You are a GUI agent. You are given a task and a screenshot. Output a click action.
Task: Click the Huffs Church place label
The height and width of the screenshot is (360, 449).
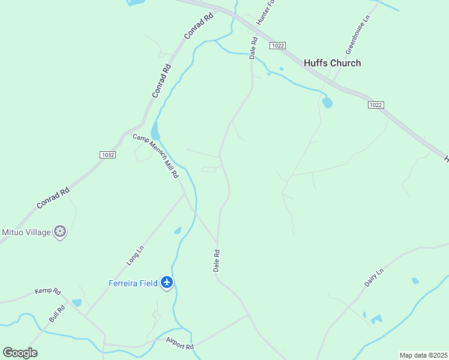click(x=332, y=63)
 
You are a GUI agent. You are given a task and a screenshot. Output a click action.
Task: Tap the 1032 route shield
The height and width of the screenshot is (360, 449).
click(x=108, y=154)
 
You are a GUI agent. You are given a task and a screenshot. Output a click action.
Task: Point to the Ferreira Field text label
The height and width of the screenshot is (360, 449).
click(x=133, y=283)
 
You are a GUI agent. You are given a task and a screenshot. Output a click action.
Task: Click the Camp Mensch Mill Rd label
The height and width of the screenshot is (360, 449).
click(x=156, y=156)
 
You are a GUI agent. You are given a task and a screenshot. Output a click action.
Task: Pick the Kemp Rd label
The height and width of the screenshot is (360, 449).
click(x=48, y=291)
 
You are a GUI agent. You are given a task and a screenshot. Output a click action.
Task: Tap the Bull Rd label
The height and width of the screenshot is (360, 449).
click(x=57, y=313)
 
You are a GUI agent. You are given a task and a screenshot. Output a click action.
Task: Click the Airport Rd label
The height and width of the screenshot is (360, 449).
click(x=180, y=343)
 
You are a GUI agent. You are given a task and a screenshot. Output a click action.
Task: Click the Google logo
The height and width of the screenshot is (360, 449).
click(x=20, y=353)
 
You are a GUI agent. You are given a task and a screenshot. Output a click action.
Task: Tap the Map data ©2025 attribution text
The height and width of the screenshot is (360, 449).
click(x=423, y=355)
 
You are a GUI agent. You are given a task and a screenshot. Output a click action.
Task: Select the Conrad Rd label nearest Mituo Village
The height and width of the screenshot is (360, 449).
click(x=53, y=199)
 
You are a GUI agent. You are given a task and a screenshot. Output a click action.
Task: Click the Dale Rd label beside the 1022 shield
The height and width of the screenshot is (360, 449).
click(x=253, y=48)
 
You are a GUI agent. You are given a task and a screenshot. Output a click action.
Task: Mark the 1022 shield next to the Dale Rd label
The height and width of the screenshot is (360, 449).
click(x=277, y=46)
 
